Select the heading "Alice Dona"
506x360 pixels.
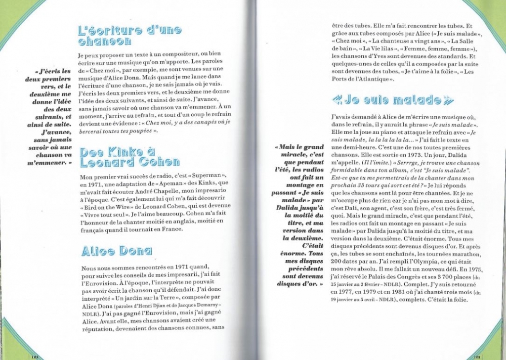pyautogui.click(x=116, y=251)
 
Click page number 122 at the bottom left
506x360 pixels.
pyautogui.click(x=35, y=356)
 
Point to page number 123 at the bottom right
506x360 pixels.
pyautogui.click(x=477, y=356)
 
